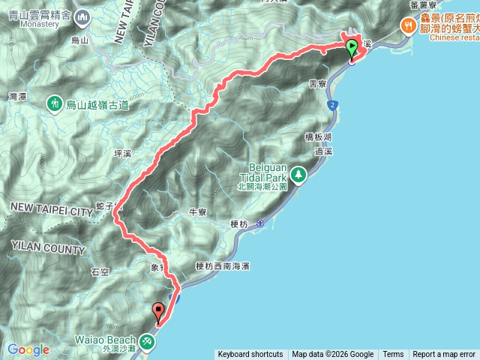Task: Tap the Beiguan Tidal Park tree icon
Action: pos(299,174)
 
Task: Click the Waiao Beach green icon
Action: pos(148,343)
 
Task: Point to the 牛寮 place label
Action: pos(198,212)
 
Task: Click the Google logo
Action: pos(28,349)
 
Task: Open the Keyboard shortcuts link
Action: pos(250,355)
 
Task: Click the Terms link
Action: pos(393,355)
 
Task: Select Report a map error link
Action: pos(444,355)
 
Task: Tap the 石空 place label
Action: pos(100,271)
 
